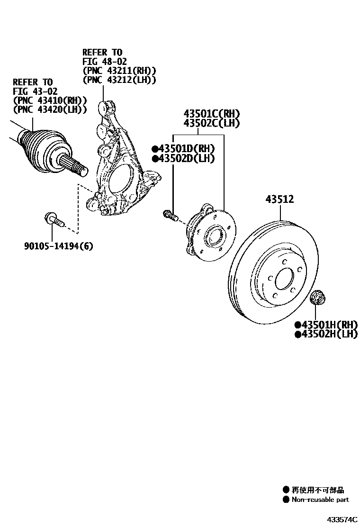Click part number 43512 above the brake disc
279,200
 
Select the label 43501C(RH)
212,114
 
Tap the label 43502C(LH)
212,123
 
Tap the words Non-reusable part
320,500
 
